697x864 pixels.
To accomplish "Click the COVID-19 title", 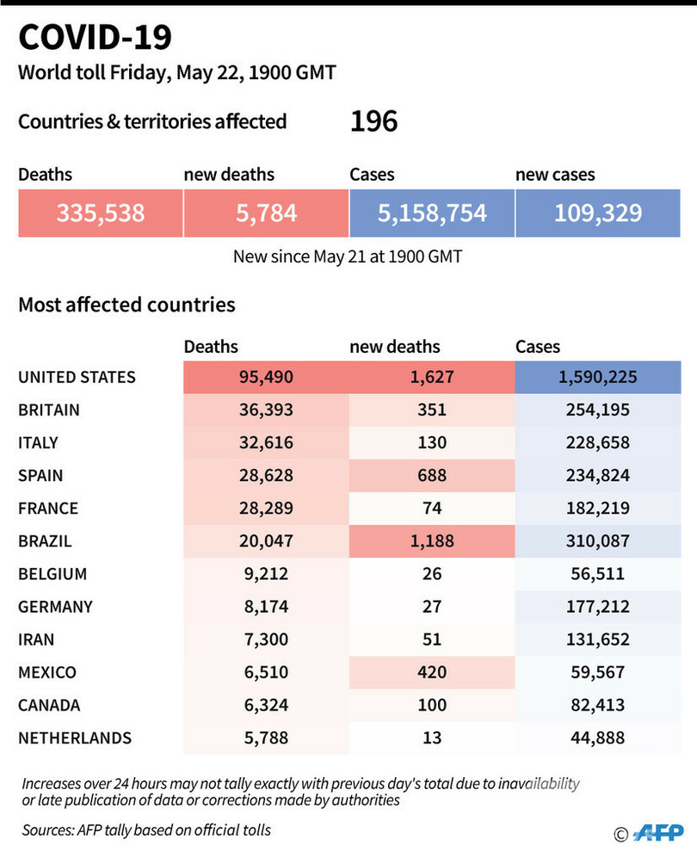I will coord(95,39).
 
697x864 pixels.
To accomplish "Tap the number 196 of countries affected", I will coord(373,121).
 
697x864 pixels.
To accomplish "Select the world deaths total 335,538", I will coord(101,213).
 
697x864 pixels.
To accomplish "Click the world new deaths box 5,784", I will coord(266,213).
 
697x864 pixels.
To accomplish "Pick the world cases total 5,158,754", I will coord(432,213).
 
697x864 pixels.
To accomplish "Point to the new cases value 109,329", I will coord(598,213).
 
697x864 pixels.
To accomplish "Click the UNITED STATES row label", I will coord(77,377).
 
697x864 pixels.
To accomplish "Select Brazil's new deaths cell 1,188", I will coord(432,541).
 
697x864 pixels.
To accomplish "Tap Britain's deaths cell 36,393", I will coord(266,410).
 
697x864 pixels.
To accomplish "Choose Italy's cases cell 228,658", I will coord(598,442).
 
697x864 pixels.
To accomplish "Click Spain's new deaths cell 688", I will coord(432,475).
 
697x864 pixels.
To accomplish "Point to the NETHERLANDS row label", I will coord(75,737).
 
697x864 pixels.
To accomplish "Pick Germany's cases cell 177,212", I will coord(598,607).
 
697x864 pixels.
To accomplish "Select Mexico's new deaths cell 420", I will coord(432,672).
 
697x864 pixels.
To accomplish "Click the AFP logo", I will coord(658,833).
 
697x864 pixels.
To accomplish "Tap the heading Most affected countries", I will coord(126,305).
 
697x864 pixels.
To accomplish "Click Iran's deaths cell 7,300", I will coord(266,639).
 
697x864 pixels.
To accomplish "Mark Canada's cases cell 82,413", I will coord(598,705).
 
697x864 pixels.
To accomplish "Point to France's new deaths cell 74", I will coord(432,509).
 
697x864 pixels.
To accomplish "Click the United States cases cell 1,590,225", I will coord(598,377).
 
